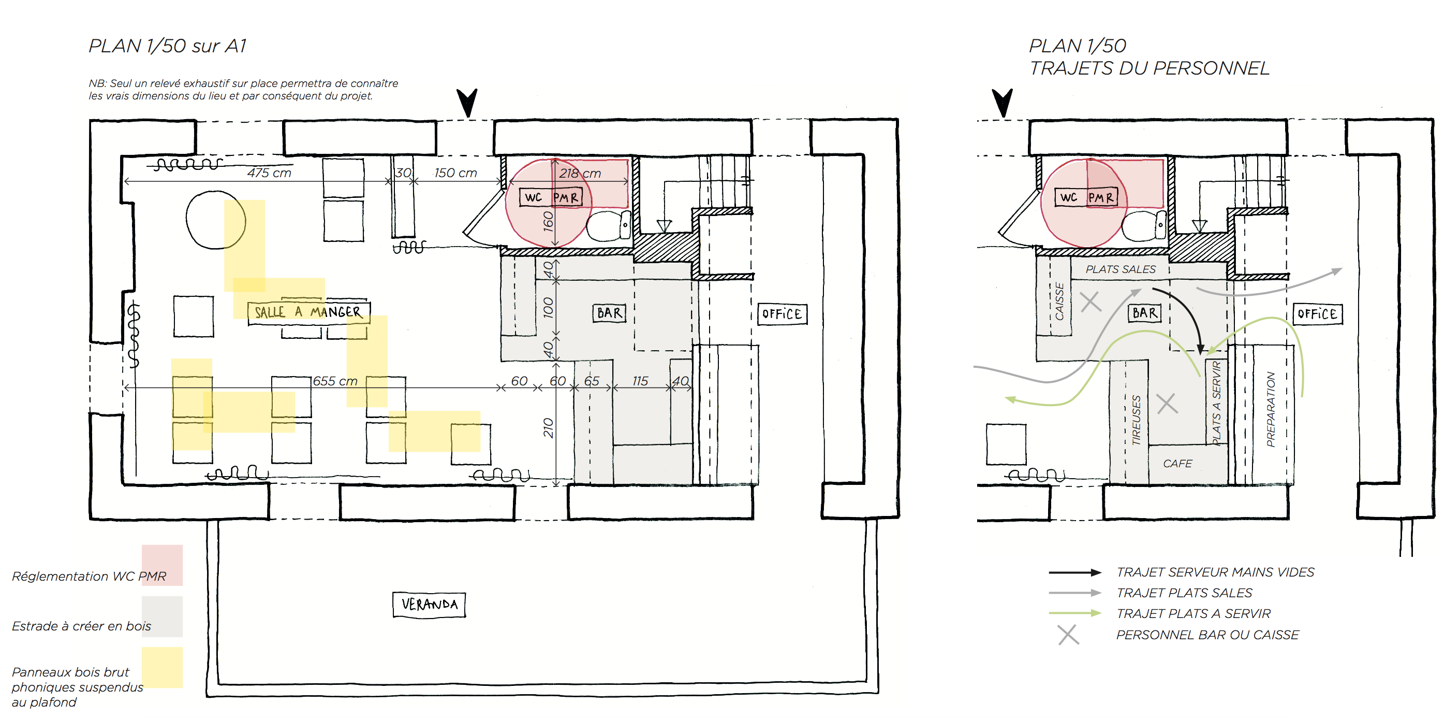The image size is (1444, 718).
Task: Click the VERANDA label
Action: point(430,604)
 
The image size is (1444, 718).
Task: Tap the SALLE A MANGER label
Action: point(308,312)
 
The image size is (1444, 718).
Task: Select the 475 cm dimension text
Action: point(269,173)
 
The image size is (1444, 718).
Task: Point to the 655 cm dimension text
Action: point(335,381)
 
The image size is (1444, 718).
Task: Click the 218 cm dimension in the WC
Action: point(580,174)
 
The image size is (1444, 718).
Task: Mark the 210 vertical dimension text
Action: point(548,427)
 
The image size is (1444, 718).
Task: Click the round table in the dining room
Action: point(216,219)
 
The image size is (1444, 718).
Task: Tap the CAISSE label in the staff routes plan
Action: point(1059,301)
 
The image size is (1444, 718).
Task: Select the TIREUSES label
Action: point(1136,420)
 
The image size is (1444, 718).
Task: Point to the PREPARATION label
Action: point(1271,409)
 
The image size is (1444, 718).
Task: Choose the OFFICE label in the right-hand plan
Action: point(1317,313)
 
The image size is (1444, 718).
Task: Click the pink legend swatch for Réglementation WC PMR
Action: point(162,565)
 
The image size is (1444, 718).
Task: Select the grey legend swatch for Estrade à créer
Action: point(162,616)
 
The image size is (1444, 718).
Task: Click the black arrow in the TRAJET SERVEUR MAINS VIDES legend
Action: point(1075,572)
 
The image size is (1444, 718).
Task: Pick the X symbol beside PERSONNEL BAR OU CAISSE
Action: point(1068,635)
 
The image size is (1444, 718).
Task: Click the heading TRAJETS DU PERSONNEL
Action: point(1149,68)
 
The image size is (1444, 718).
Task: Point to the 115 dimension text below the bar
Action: point(640,381)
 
